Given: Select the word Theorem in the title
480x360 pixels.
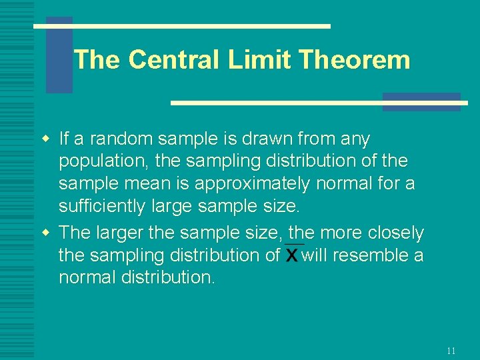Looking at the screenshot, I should pyautogui.click(x=354, y=60).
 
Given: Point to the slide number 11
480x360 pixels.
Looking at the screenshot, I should pyautogui.click(x=451, y=351).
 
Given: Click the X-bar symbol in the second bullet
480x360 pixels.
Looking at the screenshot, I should pyautogui.click(x=292, y=255).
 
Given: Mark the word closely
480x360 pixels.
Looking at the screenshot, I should pyautogui.click(x=394, y=233).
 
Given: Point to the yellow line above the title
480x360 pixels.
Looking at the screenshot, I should pyautogui.click(x=182, y=26).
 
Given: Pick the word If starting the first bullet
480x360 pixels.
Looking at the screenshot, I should pyautogui.click(x=65, y=139).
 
